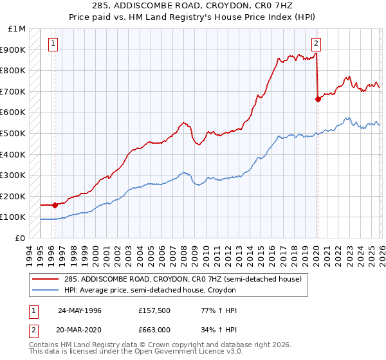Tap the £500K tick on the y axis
(x=13, y=133)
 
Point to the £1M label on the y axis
(x=17, y=29)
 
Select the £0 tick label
(x=20, y=238)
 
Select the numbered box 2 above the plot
(x=317, y=44)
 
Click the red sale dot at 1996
(x=55, y=205)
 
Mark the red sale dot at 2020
(x=318, y=99)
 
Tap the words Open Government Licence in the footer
(x=170, y=353)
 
